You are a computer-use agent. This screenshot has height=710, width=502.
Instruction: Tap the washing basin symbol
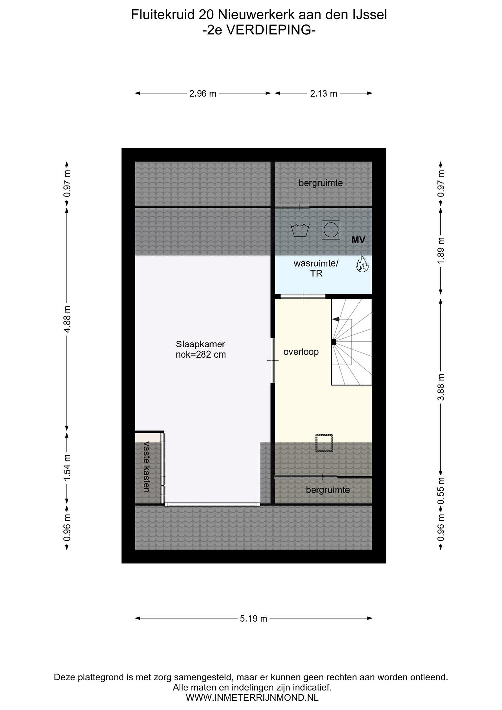point(300,230)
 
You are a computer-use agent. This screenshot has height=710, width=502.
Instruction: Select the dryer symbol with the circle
point(331,230)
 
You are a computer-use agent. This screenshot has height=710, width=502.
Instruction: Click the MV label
point(358,239)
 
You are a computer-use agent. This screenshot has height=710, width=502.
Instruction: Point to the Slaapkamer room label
point(201,349)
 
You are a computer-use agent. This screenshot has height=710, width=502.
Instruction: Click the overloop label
point(301,352)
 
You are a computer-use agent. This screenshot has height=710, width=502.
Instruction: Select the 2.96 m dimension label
point(203,93)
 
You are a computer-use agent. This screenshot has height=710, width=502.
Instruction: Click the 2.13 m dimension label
point(323,93)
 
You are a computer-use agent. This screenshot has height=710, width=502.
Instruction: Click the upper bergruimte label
point(321,183)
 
